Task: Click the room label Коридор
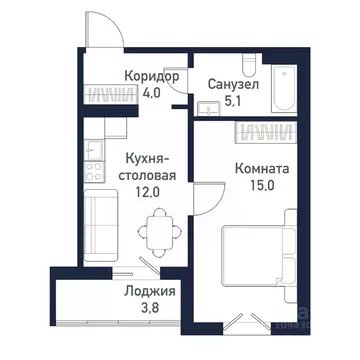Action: tap(153, 77)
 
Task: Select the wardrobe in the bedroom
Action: tap(264, 130)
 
